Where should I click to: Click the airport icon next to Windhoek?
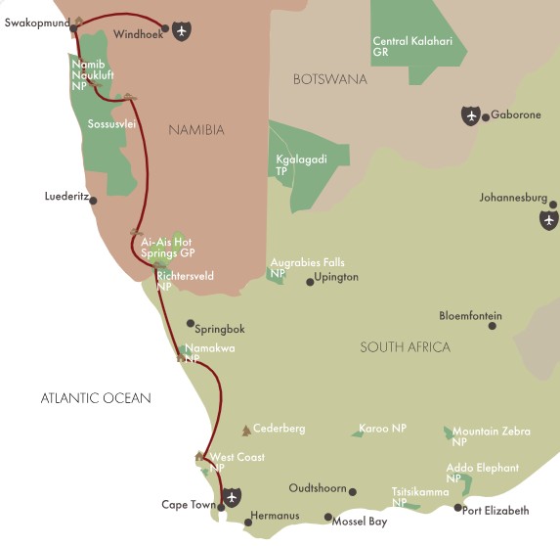pos(181,30)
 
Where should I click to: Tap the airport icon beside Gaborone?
pos(471,116)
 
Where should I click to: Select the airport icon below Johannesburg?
pos(548,220)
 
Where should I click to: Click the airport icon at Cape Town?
pos(230,497)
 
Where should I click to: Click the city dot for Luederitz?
pos(93,201)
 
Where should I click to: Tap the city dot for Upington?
pos(310,282)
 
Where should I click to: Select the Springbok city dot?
pos(190,323)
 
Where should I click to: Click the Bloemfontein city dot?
pos(492,325)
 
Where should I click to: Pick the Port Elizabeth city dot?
pos(458,507)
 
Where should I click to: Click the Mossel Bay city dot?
pos(327,518)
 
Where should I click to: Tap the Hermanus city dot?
pos(247,523)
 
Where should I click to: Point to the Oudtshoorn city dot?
pos(352,492)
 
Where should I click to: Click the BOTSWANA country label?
pos(329,79)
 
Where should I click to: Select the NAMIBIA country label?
pos(195,130)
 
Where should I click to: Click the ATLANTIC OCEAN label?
pos(96,397)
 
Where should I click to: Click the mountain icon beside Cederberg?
pos(245,431)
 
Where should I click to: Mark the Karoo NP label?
pos(382,429)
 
